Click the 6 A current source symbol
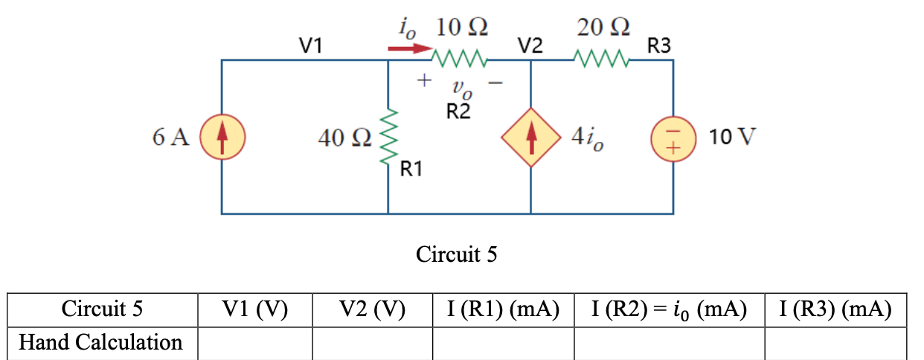pos(221,138)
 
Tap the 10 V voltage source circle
pos(673,138)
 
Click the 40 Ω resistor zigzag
pos(388,138)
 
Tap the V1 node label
pos(310,46)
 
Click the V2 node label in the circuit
pos(530,46)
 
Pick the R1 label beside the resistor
pos(411,170)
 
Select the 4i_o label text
pos(587,138)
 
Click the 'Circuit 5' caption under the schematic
pos(456,255)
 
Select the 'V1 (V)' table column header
pos(254,309)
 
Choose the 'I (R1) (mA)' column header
pos(502,309)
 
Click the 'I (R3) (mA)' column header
pos(835,309)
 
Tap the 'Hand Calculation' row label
pos(100,342)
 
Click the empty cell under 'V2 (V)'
pos(372,343)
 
